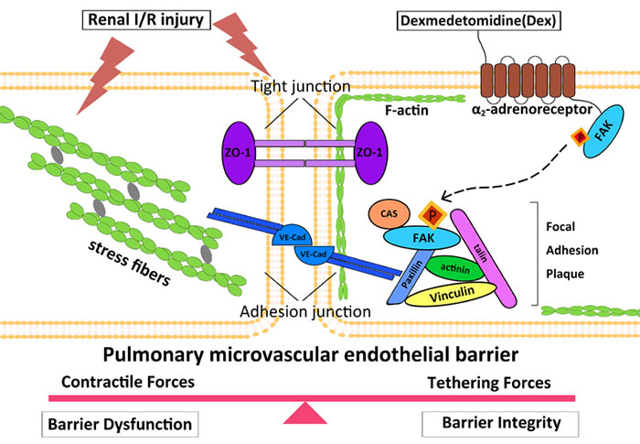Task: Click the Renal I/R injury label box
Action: pyautogui.click(x=146, y=19)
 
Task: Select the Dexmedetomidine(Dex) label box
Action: pyautogui.click(x=478, y=21)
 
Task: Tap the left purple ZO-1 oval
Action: pyautogui.click(x=239, y=153)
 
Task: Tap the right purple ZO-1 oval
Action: pyautogui.click(x=371, y=153)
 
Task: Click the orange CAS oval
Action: pyautogui.click(x=389, y=213)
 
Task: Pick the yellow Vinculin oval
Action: pyautogui.click(x=451, y=294)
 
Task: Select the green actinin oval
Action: pyautogui.click(x=455, y=268)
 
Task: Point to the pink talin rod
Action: pyautogui.click(x=484, y=258)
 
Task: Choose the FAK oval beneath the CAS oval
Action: pyautogui.click(x=421, y=238)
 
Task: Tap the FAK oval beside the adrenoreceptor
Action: pyautogui.click(x=603, y=131)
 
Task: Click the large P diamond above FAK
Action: pyautogui.click(x=432, y=215)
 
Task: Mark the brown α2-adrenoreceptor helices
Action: pyautogui.click(x=528, y=81)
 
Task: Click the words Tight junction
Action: pyautogui.click(x=301, y=86)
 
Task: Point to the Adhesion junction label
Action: pyautogui.click(x=305, y=311)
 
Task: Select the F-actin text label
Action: pyautogui.click(x=407, y=110)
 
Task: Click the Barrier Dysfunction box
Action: pyautogui.click(x=120, y=425)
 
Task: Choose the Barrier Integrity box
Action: pyautogui.click(x=500, y=424)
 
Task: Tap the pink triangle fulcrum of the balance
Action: pyautogui.click(x=304, y=413)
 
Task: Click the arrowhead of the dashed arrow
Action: pyautogui.click(x=447, y=197)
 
